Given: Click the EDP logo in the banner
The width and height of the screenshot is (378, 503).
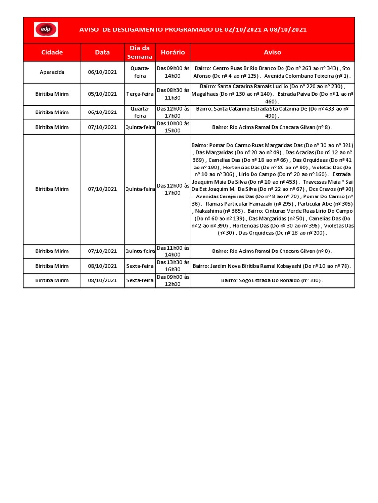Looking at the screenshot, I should click(x=45, y=29).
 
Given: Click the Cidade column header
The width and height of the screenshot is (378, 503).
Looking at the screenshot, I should click(x=52, y=52).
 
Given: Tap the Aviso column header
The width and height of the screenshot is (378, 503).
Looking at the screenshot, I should click(x=272, y=52).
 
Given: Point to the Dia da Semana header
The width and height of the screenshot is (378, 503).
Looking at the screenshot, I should click(x=139, y=52).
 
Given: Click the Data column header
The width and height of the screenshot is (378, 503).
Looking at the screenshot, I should click(x=102, y=52).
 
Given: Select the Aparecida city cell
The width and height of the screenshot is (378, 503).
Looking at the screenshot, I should click(x=52, y=72).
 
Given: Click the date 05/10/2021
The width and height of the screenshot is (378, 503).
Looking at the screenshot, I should click(x=102, y=94).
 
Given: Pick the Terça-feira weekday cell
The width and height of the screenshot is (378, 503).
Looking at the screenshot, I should click(x=139, y=94).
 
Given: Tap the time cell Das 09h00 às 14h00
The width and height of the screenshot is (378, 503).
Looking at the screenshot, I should click(x=172, y=72).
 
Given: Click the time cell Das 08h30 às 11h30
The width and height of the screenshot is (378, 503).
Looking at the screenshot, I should click(x=172, y=94).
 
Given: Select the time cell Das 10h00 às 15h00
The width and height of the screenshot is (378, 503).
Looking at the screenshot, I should click(x=172, y=127).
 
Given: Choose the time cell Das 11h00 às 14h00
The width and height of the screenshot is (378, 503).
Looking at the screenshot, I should click(x=172, y=251).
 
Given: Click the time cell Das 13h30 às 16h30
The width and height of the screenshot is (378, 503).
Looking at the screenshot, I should click(x=172, y=266).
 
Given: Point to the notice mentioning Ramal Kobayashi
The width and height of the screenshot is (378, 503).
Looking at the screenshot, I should click(x=272, y=266).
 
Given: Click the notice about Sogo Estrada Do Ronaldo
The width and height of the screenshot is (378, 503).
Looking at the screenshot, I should click(x=272, y=280).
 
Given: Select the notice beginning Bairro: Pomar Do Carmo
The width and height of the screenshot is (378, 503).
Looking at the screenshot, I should click(x=272, y=189).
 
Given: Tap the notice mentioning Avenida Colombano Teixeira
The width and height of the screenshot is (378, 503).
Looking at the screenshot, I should click(x=272, y=72).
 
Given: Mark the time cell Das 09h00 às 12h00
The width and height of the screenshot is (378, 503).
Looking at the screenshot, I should click(x=172, y=280).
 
